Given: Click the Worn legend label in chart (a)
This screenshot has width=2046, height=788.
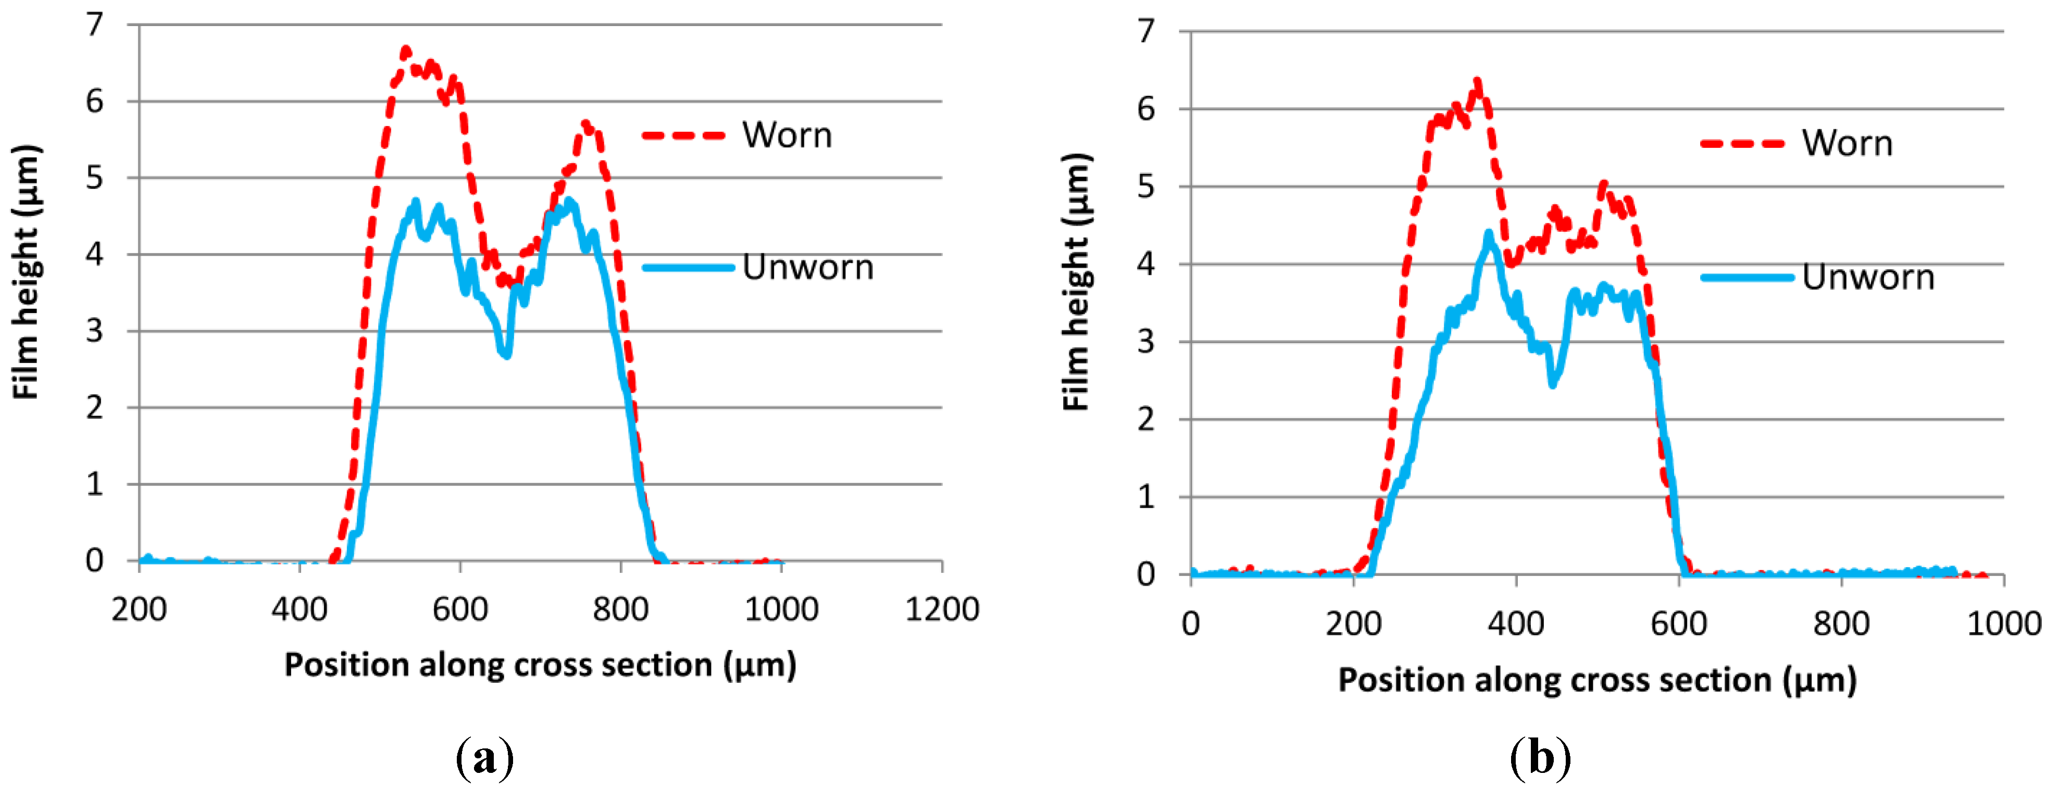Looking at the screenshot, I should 787,135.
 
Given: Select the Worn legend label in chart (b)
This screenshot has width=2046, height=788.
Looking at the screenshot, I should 1847,144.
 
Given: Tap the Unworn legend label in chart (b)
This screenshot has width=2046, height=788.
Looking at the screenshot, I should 1867,277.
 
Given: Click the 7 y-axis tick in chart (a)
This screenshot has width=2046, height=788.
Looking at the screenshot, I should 94,24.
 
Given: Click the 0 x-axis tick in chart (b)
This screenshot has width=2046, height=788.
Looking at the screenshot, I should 1190,623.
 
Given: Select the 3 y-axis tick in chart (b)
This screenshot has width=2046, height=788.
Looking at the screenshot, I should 1145,342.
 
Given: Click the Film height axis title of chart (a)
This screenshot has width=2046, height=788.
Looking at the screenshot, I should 26,272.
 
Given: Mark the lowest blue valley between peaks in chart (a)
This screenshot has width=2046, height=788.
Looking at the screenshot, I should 506,354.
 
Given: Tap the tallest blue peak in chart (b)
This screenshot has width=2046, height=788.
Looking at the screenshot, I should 1489,233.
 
